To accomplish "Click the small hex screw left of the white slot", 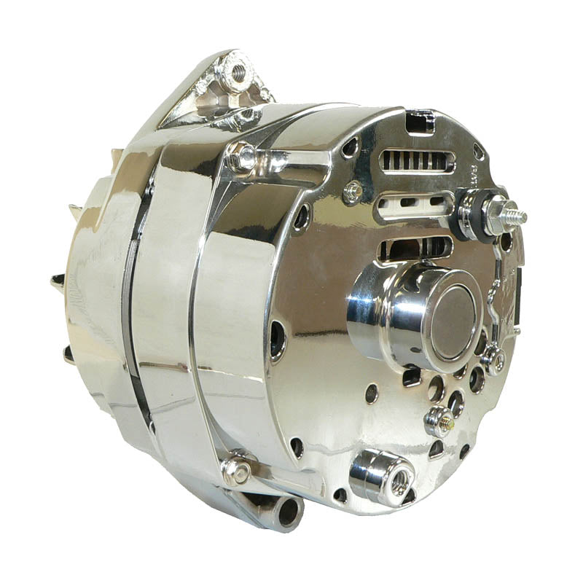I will point(353,191).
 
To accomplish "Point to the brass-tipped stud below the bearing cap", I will point(438,420).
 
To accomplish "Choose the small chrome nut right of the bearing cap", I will point(496,359).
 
